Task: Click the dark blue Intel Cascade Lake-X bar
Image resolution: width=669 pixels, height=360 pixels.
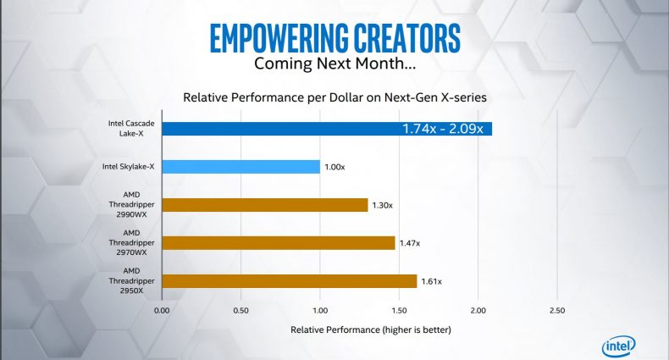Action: coord(327,129)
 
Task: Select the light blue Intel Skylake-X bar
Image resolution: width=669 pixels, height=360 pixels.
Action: coord(241,167)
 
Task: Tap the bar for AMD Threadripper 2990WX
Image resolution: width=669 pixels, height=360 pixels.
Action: coord(265,205)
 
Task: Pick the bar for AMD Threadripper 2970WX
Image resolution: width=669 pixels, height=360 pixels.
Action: coord(279,243)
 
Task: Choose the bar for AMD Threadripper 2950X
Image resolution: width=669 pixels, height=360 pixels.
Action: coord(290,281)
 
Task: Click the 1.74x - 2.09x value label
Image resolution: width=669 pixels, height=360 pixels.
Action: coord(442,129)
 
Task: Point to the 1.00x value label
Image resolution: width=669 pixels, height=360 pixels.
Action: coord(334,167)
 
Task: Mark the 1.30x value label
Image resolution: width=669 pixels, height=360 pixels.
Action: coord(382,205)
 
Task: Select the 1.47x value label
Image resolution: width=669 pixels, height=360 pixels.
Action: coord(410,243)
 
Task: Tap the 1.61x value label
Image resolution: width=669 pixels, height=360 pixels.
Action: coord(431,281)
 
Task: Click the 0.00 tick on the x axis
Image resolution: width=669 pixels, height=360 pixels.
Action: coord(162,311)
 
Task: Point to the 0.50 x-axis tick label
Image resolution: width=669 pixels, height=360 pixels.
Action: coord(241,311)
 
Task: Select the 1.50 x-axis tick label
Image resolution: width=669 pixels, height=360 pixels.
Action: coord(399,311)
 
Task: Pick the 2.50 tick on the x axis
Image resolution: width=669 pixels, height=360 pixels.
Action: coord(557,311)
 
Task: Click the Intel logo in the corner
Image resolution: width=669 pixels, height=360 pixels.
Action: coord(619,346)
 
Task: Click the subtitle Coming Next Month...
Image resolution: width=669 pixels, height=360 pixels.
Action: coord(335,64)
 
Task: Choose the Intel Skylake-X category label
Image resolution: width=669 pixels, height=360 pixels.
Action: coord(128,167)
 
